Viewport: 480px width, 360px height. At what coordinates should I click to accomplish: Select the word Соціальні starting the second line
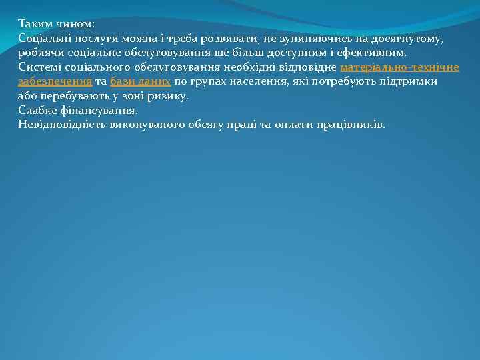[x=46, y=39]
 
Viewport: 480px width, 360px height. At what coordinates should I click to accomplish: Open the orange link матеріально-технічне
[x=399, y=67]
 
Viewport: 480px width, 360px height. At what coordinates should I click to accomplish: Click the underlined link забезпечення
[x=55, y=81]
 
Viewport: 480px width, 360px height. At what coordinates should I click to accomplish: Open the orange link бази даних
[x=140, y=81]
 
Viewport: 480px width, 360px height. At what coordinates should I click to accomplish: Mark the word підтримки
[x=409, y=81]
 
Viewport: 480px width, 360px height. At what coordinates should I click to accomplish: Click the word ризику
[x=169, y=96]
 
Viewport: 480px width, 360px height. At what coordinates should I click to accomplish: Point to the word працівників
[x=352, y=125]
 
